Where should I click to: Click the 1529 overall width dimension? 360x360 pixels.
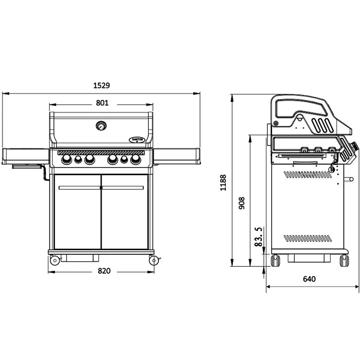(102, 85)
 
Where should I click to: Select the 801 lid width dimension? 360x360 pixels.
(102, 103)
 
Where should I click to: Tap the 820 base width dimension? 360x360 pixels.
(104, 271)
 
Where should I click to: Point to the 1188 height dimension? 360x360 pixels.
(223, 183)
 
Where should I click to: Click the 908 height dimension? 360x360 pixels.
(242, 203)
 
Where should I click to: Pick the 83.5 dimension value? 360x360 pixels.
(258, 237)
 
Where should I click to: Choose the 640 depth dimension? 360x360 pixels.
(309, 279)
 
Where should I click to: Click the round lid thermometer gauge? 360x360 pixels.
(101, 126)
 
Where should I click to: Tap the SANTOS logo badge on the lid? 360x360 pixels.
(137, 140)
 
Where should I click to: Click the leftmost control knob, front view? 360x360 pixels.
(66, 159)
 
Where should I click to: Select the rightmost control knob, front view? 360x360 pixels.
(136, 159)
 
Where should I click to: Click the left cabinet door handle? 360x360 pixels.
(79, 188)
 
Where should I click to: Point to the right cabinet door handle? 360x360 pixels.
(123, 188)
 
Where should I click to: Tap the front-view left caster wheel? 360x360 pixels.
(55, 261)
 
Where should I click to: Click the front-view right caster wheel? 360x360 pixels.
(154, 261)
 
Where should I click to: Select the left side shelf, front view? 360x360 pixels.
(25, 156)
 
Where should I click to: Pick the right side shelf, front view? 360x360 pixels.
(177, 156)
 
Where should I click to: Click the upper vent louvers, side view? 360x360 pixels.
(308, 175)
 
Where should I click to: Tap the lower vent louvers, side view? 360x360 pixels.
(308, 238)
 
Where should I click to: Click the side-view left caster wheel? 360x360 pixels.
(276, 261)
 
